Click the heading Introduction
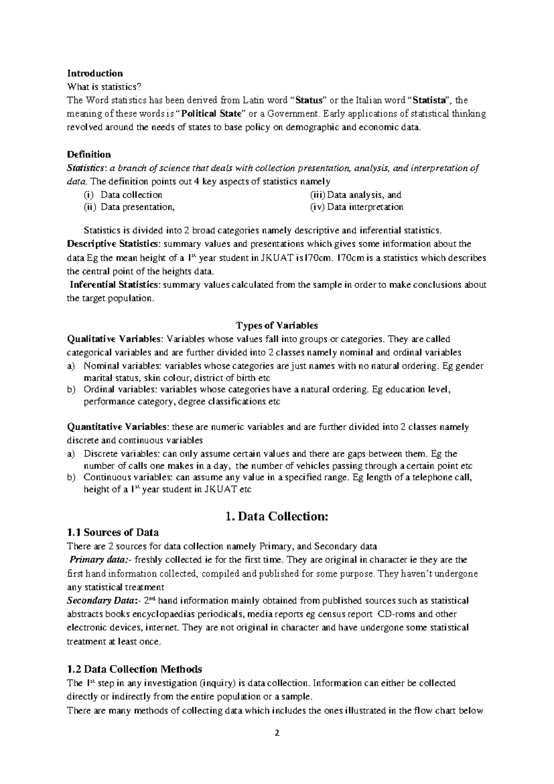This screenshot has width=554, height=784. click(x=95, y=73)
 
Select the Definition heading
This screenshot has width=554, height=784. click(x=89, y=154)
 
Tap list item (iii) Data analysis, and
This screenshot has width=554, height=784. click(x=355, y=195)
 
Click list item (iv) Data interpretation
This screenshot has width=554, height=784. click(x=356, y=207)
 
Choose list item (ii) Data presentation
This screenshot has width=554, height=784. click(x=129, y=207)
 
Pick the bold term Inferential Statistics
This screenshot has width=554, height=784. click(x=115, y=285)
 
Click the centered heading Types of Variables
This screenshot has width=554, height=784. click(x=277, y=325)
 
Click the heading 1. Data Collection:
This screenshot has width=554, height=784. click(x=277, y=517)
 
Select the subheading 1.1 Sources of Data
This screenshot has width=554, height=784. click(x=113, y=532)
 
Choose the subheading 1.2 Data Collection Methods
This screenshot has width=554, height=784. click(x=134, y=669)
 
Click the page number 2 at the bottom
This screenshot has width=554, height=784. click(x=277, y=733)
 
